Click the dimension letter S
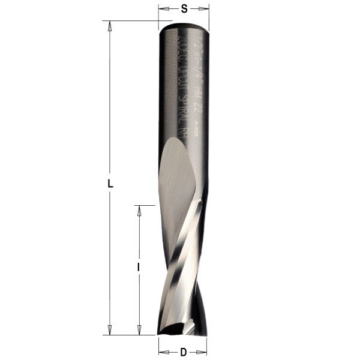[x=184, y=8]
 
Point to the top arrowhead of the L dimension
[x=109, y=25]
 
